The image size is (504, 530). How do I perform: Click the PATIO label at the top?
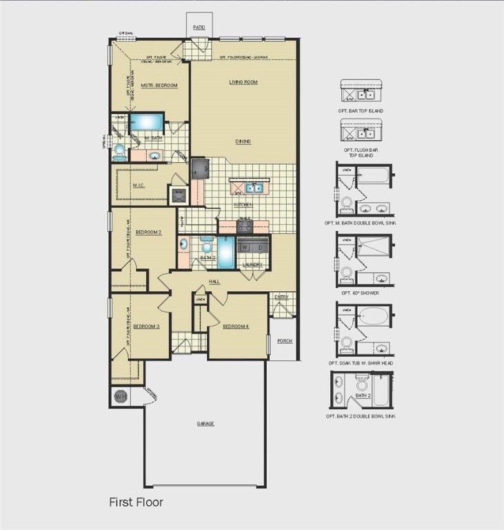[x=199, y=28]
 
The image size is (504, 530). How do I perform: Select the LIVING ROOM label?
[x=243, y=82]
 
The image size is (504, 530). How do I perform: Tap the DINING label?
[x=243, y=141]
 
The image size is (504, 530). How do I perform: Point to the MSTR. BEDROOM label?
[x=159, y=86]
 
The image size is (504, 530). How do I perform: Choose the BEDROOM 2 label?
[x=148, y=233]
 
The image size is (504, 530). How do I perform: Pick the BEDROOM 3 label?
[x=146, y=326]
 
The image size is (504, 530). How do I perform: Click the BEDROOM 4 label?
[x=236, y=326]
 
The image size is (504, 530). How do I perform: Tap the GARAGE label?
[x=205, y=424]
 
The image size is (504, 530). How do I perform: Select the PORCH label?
[x=284, y=340]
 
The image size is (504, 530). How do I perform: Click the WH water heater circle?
[x=120, y=397]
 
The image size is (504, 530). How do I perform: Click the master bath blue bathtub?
[x=146, y=123]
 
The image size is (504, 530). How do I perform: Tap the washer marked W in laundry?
[x=244, y=247]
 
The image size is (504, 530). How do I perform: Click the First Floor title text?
[x=136, y=502]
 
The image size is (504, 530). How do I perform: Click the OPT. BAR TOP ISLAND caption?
[x=363, y=110]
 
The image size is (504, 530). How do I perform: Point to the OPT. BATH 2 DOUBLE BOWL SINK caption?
[x=361, y=416]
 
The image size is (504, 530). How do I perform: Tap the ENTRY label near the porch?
[x=282, y=297]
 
